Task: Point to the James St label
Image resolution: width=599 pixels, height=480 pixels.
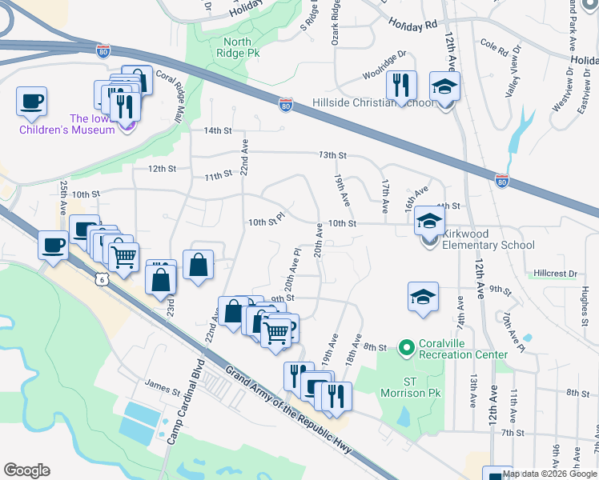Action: [163, 384]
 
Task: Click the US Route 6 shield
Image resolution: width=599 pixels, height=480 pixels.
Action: [100, 278]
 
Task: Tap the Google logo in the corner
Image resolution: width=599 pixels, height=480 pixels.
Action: [26, 470]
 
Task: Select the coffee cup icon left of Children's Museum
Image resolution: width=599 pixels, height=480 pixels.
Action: [32, 102]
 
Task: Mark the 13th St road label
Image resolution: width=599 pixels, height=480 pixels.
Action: [332, 155]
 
